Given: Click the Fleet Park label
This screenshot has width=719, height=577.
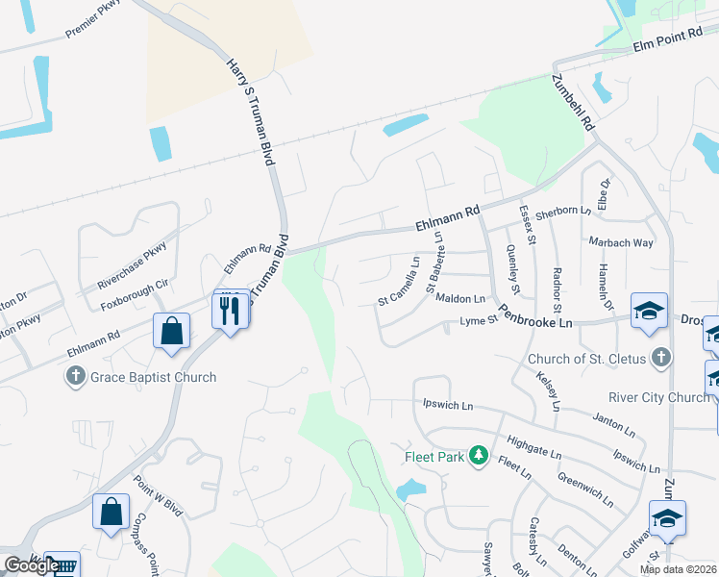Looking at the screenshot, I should coord(434,457).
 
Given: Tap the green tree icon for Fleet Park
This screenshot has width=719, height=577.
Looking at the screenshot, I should coord(478,457).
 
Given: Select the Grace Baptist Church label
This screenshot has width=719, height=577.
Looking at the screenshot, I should coord(154,377).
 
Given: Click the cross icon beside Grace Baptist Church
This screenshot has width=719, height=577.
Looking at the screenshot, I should coord(76,377).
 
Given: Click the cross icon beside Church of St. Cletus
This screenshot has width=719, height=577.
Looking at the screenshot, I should coord(659,360).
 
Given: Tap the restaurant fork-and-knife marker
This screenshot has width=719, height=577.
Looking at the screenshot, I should coord(230,310).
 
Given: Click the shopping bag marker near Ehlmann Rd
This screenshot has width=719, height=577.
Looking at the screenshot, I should coord(170,331).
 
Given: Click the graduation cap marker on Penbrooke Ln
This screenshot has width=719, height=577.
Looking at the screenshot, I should coord(649,310).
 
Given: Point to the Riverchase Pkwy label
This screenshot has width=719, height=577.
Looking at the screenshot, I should coord(133,266).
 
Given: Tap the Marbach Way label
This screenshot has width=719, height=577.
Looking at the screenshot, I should coord(624,242).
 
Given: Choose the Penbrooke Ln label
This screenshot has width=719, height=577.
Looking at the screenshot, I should coord(541,324).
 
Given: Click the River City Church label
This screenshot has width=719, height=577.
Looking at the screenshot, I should coord(657,397).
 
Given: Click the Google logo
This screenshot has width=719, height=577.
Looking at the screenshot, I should coord(32,565).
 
